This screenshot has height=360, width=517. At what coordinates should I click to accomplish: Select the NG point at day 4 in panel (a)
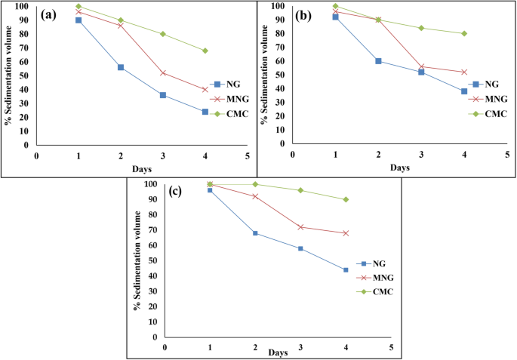click(x=205, y=112)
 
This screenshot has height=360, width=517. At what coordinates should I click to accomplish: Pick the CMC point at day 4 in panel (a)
click(x=205, y=51)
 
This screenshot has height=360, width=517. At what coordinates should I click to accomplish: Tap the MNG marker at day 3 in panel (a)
click(x=163, y=73)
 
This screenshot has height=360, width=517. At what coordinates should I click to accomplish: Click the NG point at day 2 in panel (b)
click(x=378, y=61)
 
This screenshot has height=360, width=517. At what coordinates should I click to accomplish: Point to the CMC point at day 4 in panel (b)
click(x=464, y=33)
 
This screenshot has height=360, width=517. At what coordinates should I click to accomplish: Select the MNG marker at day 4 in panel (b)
click(x=464, y=72)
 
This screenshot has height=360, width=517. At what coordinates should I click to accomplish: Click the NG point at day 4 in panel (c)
click(x=346, y=269)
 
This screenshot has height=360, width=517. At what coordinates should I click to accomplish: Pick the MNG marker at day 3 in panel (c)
click(x=300, y=227)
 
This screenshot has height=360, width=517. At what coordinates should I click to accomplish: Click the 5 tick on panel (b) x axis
click(x=506, y=153)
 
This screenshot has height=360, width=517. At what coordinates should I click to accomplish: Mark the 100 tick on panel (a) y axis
click(x=23, y=7)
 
